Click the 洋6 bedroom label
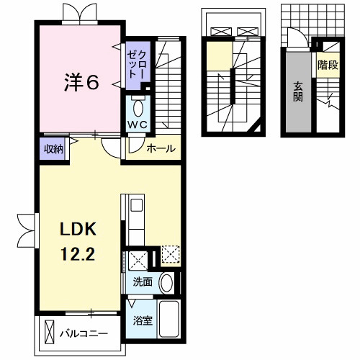tap(81, 82)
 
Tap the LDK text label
tap(78, 230)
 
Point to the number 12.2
tap(78, 253)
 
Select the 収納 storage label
tap(53, 150)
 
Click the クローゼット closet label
tap(136, 65)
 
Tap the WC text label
tap(137, 125)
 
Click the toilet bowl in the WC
tap(138, 107)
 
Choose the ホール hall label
tap(161, 149)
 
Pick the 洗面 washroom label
tap(143, 282)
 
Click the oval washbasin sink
tap(167, 283)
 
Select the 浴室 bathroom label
tap(143, 320)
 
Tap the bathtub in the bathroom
tap(168, 319)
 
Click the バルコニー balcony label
tap(84, 334)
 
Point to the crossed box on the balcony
tap(50, 333)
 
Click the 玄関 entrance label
tap(298, 92)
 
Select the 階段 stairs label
tap(328, 65)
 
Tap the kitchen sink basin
tap(136, 205)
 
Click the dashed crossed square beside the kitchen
tap(170, 254)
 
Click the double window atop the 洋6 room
tap(80, 14)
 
